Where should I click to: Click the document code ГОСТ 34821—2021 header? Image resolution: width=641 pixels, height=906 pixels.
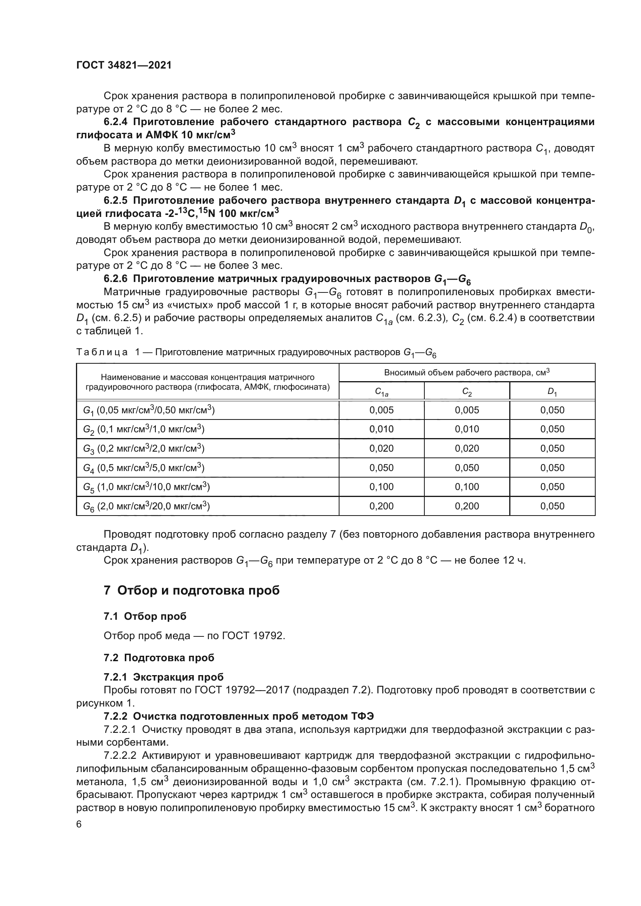pyautogui.click(x=124, y=65)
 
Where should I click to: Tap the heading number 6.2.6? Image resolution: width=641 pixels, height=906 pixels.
pyautogui.click(x=115, y=279)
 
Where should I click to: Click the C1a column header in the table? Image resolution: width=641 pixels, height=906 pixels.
pyautogui.click(x=381, y=392)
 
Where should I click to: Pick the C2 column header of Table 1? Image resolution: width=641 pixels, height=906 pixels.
pyautogui.click(x=467, y=392)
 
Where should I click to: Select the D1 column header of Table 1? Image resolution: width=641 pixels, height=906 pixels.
pyautogui.click(x=552, y=392)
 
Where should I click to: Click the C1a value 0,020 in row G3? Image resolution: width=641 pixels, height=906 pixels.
pyautogui.click(x=381, y=448)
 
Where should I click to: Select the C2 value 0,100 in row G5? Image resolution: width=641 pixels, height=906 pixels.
pyautogui.click(x=467, y=487)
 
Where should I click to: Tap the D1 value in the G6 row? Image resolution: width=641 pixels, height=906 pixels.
pyautogui.click(x=552, y=506)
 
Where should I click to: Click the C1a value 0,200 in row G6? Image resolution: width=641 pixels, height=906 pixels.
pyautogui.click(x=381, y=506)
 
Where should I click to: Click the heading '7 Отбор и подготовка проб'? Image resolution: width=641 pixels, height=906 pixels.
pyautogui.click(x=191, y=591)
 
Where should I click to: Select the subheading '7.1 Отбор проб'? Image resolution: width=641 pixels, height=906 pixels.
pyautogui.click(x=145, y=616)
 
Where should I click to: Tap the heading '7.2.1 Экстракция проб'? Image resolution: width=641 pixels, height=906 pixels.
pyautogui.click(x=164, y=677)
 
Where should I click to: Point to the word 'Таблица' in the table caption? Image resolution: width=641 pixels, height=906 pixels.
pyautogui.click(x=102, y=352)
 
